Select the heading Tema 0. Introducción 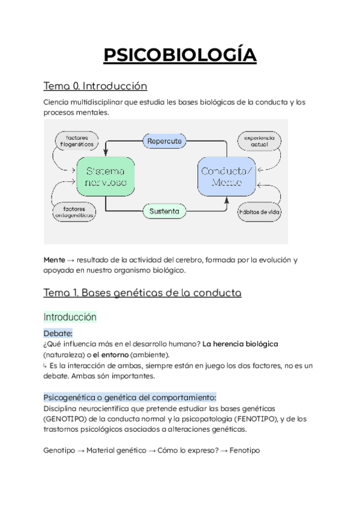tap(95, 86)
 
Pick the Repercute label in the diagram tap(164, 141)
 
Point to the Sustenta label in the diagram tap(164, 211)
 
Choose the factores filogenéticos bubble tap(76, 140)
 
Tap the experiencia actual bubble tap(259, 140)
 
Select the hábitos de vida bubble tap(260, 212)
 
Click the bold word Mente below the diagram tap(55, 260)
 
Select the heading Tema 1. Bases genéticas tap(143, 293)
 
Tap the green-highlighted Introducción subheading tap(70, 316)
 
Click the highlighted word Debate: tap(58, 333)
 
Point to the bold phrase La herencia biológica tap(241, 344)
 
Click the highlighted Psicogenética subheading tap(130, 397)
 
